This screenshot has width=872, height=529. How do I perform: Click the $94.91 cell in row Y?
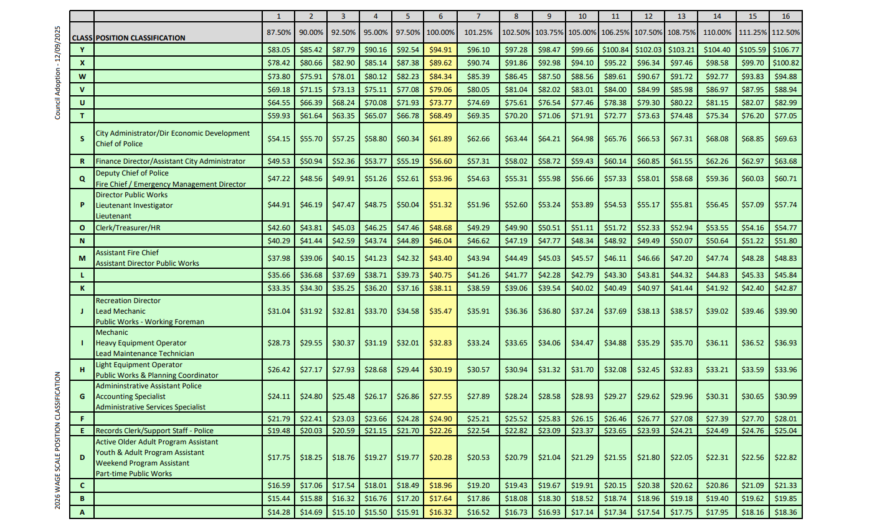[x=440, y=49]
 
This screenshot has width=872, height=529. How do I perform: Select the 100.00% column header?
[x=440, y=32]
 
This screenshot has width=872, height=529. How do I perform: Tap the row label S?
[x=82, y=138]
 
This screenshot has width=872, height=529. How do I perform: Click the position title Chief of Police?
[x=119, y=144]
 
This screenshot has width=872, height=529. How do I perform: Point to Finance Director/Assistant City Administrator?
[x=170, y=161]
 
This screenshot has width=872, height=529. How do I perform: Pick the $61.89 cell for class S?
[x=440, y=138]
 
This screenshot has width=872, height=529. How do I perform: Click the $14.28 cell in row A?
[x=279, y=513]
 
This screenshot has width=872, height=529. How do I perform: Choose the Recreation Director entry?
[x=128, y=301]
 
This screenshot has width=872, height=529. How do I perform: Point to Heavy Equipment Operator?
[x=141, y=343]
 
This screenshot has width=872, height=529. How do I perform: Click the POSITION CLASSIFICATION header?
[x=140, y=37]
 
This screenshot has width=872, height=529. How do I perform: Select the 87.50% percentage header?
[x=279, y=32]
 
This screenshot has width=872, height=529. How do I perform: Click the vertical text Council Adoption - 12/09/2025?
[x=57, y=73]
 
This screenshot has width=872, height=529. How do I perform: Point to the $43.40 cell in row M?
[x=440, y=258]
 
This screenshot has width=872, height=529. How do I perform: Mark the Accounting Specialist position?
[x=131, y=396]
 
